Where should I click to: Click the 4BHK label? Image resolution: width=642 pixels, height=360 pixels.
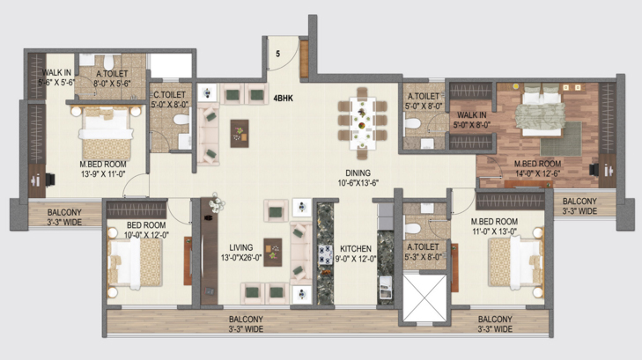[284, 99]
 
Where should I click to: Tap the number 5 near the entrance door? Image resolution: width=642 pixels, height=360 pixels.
[278, 54]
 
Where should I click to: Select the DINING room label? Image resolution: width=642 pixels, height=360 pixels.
[358, 173]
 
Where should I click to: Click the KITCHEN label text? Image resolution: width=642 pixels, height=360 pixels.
[356, 249]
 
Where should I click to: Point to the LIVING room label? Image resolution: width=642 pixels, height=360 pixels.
[240, 247]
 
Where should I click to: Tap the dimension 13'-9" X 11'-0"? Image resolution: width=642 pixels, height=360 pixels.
[103, 174]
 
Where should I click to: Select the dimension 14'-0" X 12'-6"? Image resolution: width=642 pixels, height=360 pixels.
[537, 173]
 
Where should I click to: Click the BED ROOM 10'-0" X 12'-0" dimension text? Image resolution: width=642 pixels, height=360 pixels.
[146, 235]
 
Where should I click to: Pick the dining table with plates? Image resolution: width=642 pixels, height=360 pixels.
[362, 123]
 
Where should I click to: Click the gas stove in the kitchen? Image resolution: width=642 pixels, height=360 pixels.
[326, 254]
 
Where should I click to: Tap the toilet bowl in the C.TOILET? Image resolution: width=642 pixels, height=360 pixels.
[181, 120]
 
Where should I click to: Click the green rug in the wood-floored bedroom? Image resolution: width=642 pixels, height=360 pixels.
[561, 139]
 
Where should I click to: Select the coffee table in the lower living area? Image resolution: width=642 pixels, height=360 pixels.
[273, 253]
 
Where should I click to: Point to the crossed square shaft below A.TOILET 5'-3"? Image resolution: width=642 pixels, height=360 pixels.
[424, 298]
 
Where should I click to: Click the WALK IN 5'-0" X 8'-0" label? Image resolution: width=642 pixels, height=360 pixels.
[472, 120]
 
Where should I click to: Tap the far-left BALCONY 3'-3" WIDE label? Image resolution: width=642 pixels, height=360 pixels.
[64, 217]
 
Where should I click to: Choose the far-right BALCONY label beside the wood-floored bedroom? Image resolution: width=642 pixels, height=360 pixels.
[579, 202]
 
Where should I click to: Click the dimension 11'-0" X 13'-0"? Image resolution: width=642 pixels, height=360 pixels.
[494, 231]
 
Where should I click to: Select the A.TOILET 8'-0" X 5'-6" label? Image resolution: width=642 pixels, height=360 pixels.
[112, 78]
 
